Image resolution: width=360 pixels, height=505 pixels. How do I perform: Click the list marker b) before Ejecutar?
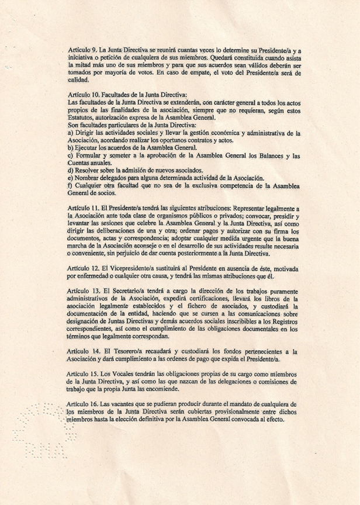click(71, 148)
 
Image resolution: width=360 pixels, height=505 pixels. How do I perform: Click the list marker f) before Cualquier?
click(70, 186)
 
